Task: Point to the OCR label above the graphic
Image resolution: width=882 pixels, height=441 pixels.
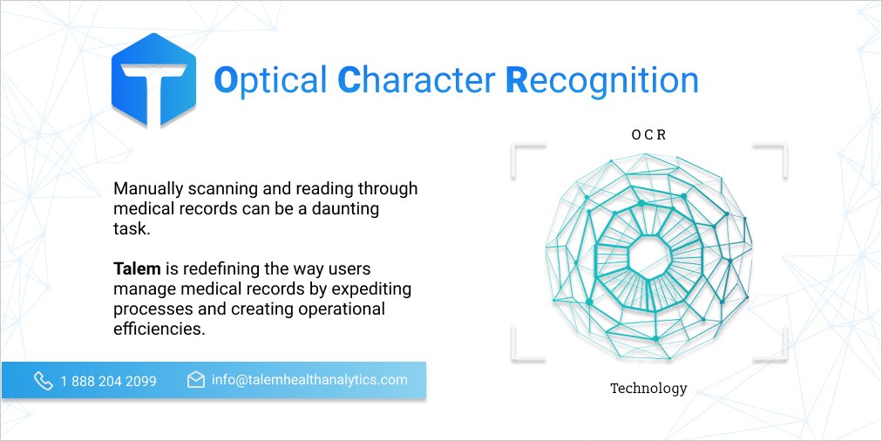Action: [648, 135]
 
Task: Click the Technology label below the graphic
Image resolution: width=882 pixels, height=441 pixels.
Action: [648, 388]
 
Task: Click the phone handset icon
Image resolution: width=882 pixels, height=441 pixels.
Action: [43, 380]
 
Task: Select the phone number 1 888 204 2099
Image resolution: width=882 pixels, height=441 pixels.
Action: [109, 381]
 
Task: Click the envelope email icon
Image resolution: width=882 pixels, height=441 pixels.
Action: [196, 380]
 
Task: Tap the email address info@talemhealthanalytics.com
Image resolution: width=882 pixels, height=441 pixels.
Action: [309, 380]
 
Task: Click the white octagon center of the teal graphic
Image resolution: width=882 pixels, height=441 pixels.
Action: [648, 254]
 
